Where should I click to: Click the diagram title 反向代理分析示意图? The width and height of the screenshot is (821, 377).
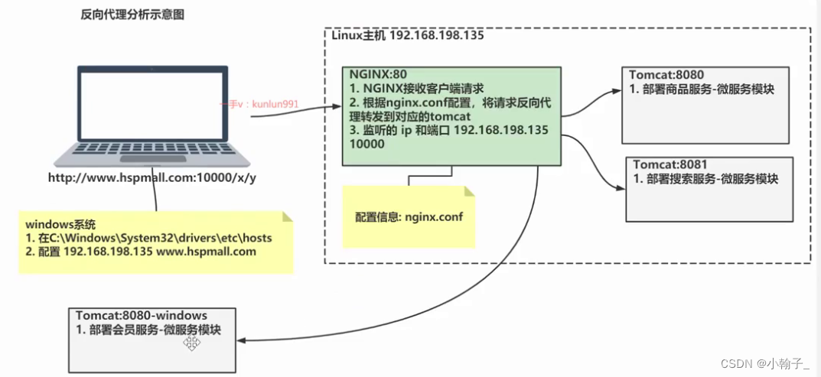click(132, 15)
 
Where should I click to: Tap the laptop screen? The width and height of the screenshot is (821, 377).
click(152, 104)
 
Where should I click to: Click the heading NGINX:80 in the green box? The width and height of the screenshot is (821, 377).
click(373, 75)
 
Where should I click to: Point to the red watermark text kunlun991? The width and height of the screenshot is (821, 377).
click(272, 103)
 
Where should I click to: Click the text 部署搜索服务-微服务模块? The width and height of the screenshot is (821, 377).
click(712, 179)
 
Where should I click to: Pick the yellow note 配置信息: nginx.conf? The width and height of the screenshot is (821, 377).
click(409, 217)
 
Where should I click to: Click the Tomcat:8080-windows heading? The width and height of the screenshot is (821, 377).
click(142, 315)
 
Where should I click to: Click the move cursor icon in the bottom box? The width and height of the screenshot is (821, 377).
click(191, 344)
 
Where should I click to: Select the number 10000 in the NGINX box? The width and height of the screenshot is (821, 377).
click(366, 144)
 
